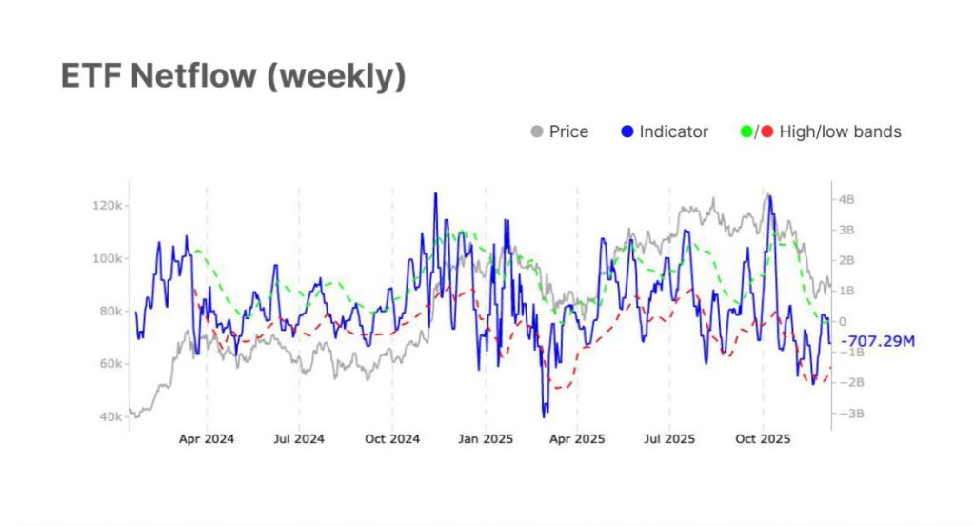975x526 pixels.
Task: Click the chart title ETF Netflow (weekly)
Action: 233,76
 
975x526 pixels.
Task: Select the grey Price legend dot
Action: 536,131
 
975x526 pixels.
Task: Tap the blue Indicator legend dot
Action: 626,131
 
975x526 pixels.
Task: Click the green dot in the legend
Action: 746,131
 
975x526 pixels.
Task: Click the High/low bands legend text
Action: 840,131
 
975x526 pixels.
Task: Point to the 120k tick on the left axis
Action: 106,206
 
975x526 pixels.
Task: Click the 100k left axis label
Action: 106,258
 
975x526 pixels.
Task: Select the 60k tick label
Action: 109,364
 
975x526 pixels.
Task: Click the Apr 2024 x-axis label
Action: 207,439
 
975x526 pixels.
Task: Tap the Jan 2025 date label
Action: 486,439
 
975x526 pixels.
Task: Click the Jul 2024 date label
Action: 299,439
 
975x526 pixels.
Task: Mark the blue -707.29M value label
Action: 876,340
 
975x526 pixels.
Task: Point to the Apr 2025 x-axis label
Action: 577,439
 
